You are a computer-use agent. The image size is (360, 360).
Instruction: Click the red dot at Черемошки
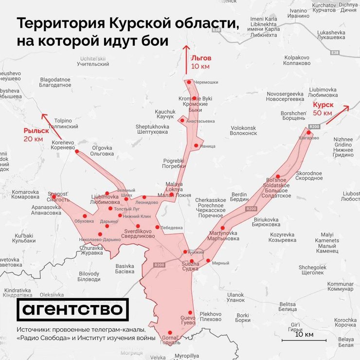pyautogui.click(x=189, y=82)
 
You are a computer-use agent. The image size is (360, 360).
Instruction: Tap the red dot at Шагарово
pyautogui.click(x=308, y=132)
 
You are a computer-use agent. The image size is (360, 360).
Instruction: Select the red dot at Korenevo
pyautogui.click(x=76, y=152)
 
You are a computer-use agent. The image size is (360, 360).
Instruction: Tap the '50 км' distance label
pyautogui.click(x=323, y=113)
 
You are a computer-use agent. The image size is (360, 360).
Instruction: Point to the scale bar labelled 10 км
pyautogui.click(x=305, y=340)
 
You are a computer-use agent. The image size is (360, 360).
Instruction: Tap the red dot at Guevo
pyautogui.click(x=190, y=313)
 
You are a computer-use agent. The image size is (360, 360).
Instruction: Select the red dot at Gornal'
pyautogui.click(x=170, y=332)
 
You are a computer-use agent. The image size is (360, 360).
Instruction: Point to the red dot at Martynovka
pyautogui.click(x=222, y=228)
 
